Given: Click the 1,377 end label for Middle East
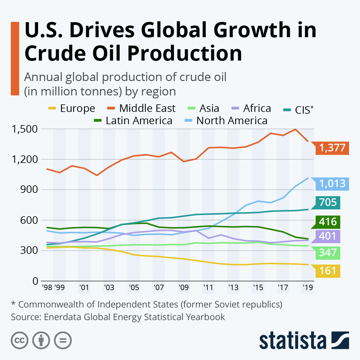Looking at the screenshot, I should pos(332,148).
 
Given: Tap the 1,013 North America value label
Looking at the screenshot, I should pos(332,183).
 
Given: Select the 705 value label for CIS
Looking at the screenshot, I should pos(328,202).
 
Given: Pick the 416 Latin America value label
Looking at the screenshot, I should pos(328,222).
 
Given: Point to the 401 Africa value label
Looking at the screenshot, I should pos(328,236).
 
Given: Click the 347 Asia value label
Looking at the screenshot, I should pos(328,253).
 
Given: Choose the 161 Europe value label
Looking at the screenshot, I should pos(328,271).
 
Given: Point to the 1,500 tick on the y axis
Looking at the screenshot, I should pos(25,129).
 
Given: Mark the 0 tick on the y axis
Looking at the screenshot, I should pos(35,281).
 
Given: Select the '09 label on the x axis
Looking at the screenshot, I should pos(183,288).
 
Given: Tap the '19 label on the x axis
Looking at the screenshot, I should pos(307,288).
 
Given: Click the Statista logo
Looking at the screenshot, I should pos(304,341).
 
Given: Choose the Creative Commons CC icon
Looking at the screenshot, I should pos(19,340).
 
